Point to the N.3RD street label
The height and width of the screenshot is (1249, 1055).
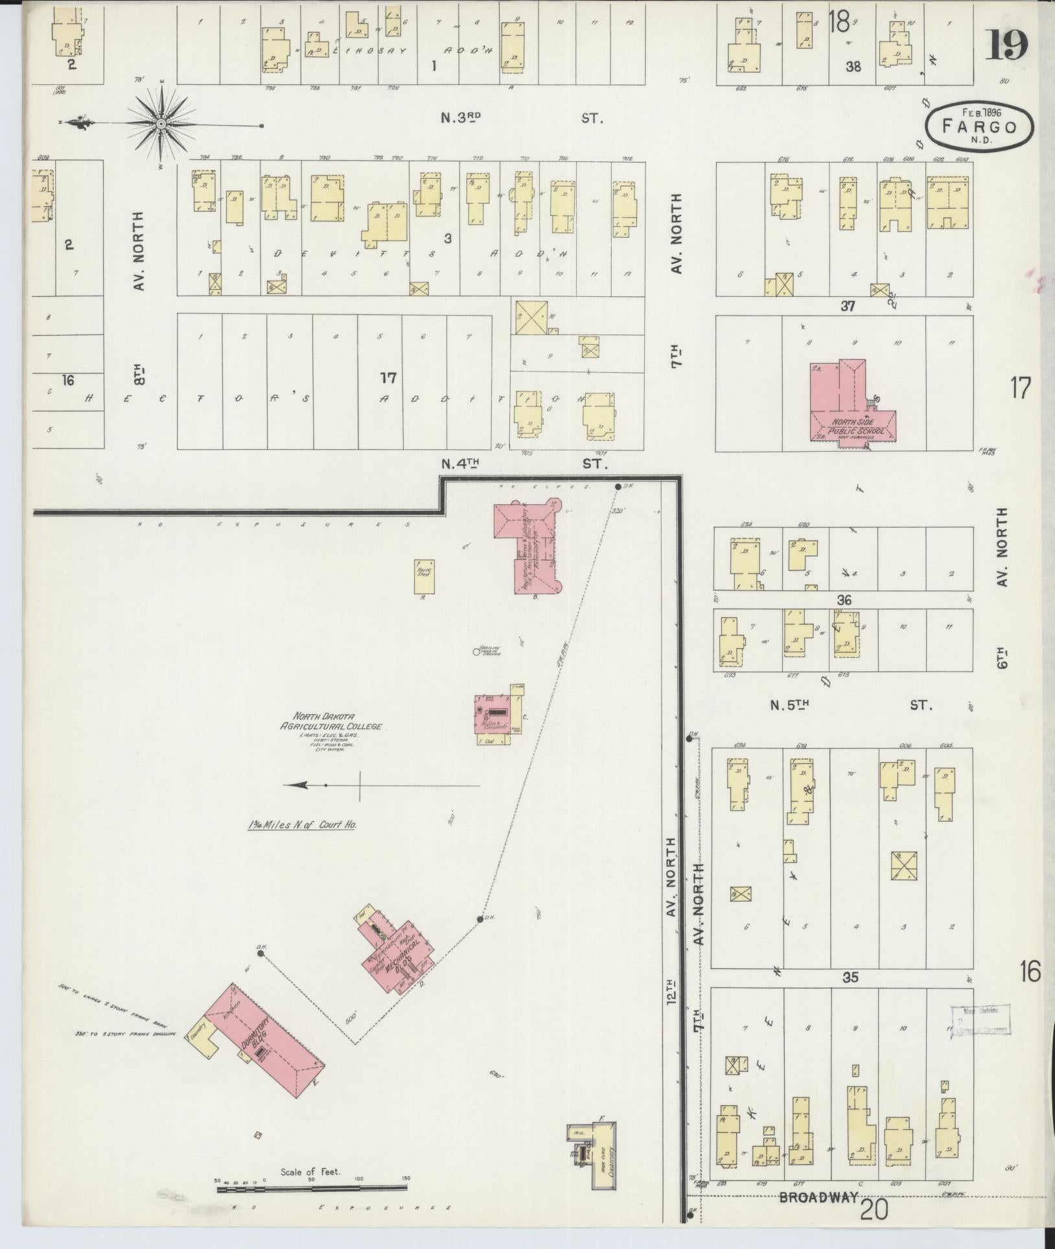pos(461,117)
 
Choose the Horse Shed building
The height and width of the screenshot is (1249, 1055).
pos(424,576)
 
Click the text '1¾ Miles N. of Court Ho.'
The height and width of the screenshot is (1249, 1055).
pos(303,826)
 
